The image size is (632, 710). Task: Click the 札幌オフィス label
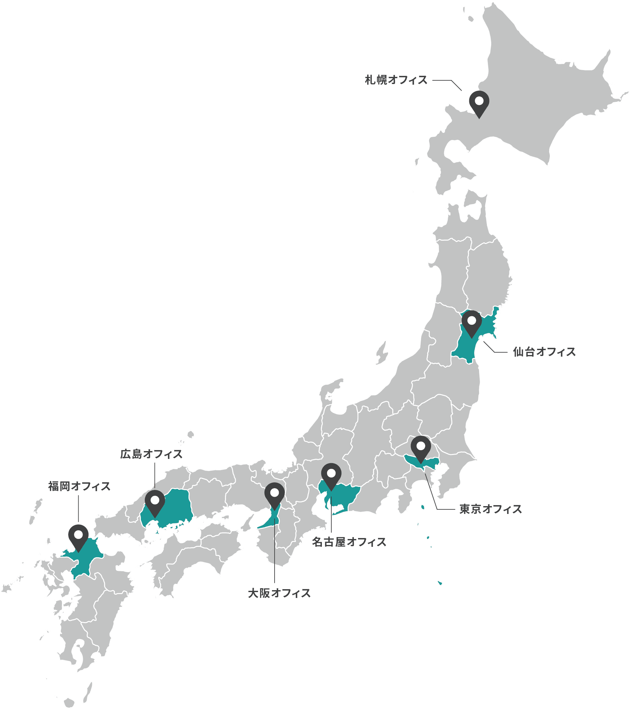coord(396,80)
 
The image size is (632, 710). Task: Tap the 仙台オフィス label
coord(544,352)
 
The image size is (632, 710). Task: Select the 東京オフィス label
coord(490,509)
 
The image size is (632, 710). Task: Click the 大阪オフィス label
coord(279,593)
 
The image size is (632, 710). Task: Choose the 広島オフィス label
coord(151,454)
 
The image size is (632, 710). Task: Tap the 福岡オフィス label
coord(79,486)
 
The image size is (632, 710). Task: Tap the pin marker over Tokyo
coord(421,447)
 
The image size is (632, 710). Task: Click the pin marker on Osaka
coord(275,494)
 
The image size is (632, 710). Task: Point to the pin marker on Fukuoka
coord(79,536)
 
